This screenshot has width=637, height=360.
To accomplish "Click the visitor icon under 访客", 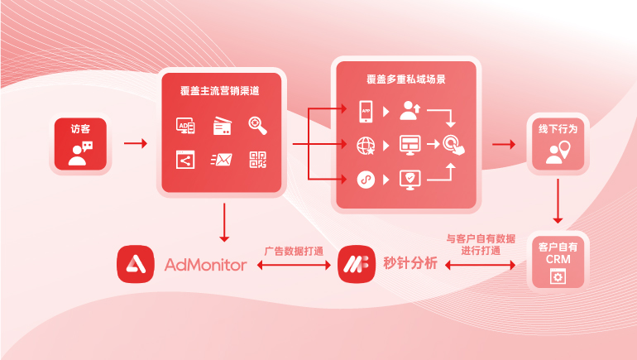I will [x=81, y=154].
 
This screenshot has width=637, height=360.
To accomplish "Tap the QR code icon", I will [x=257, y=159].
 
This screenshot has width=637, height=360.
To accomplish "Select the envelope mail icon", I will [x=222, y=160].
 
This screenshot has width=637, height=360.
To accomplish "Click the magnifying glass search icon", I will [x=257, y=125].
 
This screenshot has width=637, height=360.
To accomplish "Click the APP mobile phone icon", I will [x=366, y=109].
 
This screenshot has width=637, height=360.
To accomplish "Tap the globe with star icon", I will [x=366, y=145].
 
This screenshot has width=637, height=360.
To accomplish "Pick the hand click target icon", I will [x=453, y=144].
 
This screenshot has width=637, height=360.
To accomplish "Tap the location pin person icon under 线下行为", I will [x=558, y=152].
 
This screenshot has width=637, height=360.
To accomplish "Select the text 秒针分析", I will [x=409, y=265].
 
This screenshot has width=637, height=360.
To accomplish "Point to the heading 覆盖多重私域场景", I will [x=406, y=79].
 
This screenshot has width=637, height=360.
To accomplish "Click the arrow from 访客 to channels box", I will [x=135, y=144].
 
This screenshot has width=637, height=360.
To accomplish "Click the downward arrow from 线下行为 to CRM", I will [x=558, y=201].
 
